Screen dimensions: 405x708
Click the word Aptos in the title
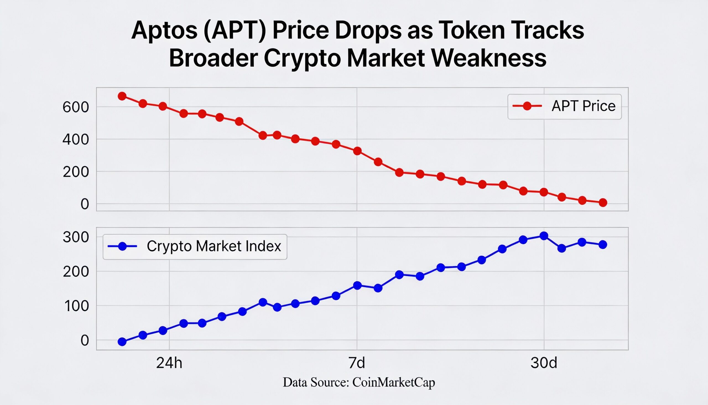[165, 31]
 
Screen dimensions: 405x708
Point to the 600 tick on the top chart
[76, 107]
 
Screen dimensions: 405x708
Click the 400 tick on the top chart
[76, 140]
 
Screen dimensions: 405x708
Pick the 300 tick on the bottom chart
[76, 237]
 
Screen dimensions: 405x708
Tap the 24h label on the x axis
[169, 363]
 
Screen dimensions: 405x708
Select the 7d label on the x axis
[356, 363]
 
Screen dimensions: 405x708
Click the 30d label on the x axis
[543, 363]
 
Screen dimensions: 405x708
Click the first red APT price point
[122, 96]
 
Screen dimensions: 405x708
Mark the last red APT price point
[603, 203]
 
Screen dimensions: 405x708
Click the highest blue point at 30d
[544, 236]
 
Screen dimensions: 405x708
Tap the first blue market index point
[122, 342]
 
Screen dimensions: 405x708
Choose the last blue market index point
[603, 245]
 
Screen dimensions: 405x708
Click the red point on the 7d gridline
[357, 151]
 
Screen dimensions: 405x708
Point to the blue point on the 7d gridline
[357, 285]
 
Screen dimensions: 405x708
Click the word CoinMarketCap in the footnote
[394, 383]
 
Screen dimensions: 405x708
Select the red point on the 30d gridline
[544, 192]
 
